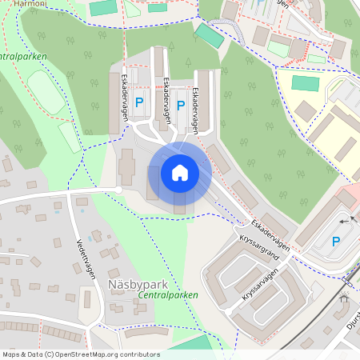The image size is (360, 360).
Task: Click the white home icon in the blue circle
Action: [180, 172]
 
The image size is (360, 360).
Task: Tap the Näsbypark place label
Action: [136, 283]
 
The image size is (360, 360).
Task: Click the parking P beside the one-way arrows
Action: [336, 241]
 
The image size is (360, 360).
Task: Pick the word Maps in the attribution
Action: [11, 354]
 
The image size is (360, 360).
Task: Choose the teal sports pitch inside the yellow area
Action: [305, 83]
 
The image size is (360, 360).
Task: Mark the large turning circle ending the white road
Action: [118, 190]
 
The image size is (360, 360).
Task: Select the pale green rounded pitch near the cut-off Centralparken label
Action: [46, 93]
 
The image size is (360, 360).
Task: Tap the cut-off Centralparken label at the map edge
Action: [22, 57]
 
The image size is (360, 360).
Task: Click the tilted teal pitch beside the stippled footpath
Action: [210, 35]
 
